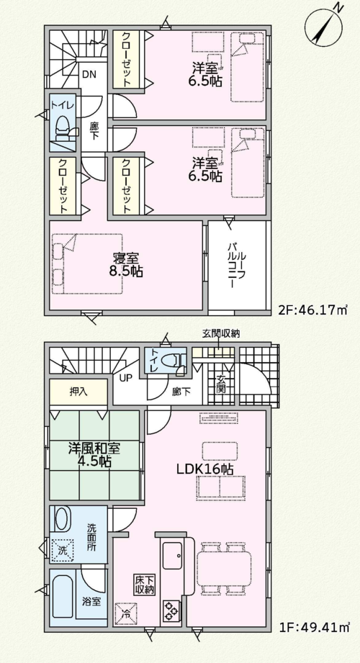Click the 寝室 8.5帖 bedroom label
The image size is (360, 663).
[126, 264]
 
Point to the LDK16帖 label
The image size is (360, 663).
[207, 469]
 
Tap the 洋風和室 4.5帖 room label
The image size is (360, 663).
[94, 454]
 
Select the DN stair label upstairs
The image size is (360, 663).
[89, 76]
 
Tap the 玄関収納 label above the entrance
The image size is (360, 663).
[220, 335]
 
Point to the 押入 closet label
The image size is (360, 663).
[78, 392]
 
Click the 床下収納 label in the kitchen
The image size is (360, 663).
[144, 584]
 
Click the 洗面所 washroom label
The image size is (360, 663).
[91, 537]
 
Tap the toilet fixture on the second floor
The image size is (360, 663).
[65, 125]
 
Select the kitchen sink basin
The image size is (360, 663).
[174, 555]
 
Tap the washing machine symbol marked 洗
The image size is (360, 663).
[63, 551]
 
